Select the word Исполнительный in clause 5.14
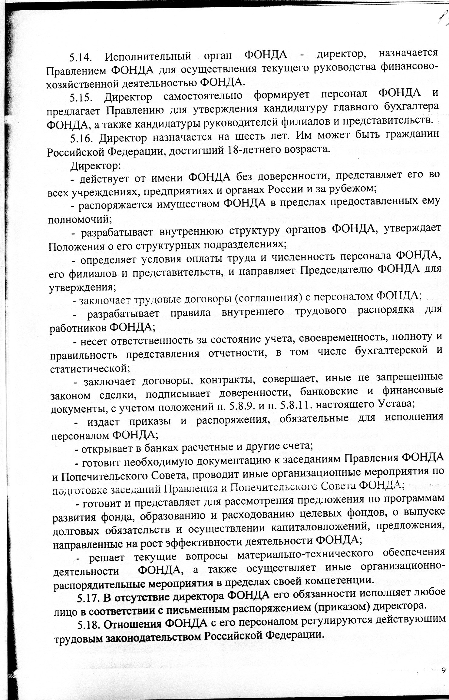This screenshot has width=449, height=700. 148,57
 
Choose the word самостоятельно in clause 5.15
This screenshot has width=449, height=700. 203,96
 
